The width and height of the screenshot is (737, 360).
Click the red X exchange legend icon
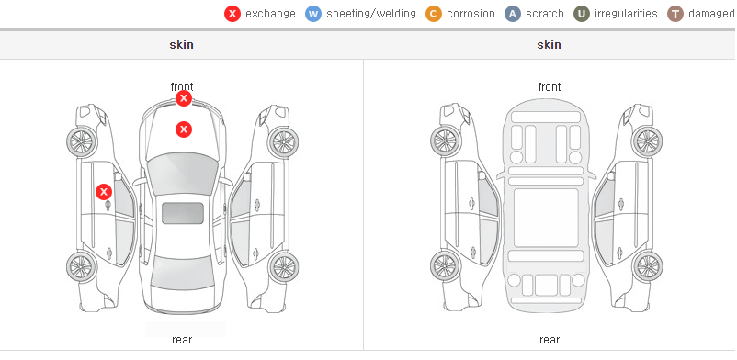tap(232, 14)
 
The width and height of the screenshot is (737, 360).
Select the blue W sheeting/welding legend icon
tap(313, 14)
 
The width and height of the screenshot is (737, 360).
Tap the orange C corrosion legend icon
tap(434, 14)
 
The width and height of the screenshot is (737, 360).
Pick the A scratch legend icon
tap(513, 14)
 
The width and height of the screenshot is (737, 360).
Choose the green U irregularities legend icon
tap(582, 14)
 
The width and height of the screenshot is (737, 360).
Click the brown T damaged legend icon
tap(675, 14)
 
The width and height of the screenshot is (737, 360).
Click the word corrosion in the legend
tap(471, 14)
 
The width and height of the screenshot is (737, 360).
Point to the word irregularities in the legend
tap(626, 14)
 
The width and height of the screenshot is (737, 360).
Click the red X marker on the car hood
tap(184, 129)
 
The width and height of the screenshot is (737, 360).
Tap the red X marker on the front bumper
tap(184, 98)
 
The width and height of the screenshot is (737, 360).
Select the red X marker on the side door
tap(104, 192)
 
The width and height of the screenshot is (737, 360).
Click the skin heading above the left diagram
tap(181, 45)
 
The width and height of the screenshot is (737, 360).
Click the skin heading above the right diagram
tap(549, 45)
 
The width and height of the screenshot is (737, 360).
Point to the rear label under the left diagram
tap(182, 340)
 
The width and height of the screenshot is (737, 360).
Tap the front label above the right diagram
tap(550, 87)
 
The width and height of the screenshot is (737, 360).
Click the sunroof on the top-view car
tap(183, 213)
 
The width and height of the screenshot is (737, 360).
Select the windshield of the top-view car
tap(183, 173)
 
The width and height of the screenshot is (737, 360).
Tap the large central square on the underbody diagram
tap(546, 218)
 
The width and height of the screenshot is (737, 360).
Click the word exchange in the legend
tap(270, 14)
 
